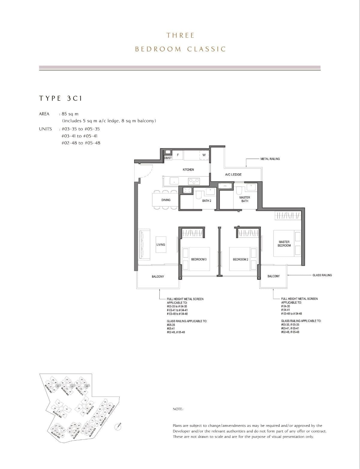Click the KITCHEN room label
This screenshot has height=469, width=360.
click(188, 170)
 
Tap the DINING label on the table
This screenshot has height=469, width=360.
click(166, 200)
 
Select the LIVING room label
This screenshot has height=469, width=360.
click(161, 245)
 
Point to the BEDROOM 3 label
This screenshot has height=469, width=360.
click(199, 259)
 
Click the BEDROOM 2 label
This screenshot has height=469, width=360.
click(241, 259)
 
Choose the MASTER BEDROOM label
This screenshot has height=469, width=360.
click(284, 243)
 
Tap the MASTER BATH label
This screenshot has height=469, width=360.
click(245, 199)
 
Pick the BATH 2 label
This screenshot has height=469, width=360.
click(207, 201)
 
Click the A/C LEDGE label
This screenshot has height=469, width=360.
click(233, 175)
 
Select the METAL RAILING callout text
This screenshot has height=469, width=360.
click(270, 159)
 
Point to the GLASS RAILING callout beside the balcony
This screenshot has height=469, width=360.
click(322, 275)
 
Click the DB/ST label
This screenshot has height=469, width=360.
click(168, 158)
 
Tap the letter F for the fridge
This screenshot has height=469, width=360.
click(178, 155)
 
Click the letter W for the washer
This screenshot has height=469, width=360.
click(204, 155)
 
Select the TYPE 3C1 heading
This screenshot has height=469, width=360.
click(61, 98)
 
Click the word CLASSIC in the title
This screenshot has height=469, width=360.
click(206, 49)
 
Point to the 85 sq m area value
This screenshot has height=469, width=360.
click(70, 114)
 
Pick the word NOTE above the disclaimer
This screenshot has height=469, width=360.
click(178, 409)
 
